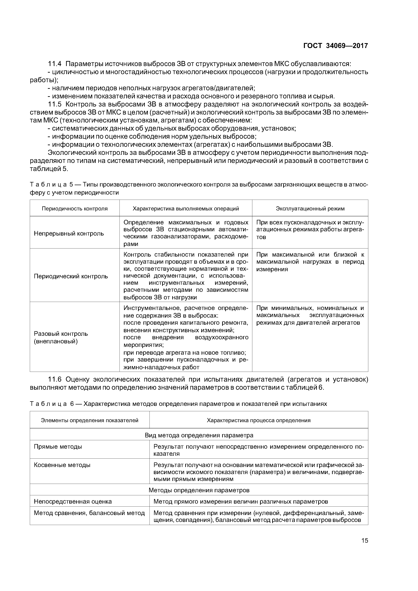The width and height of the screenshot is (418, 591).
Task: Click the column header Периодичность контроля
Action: point(75,209)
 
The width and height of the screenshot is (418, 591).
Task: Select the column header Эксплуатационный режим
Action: point(310,209)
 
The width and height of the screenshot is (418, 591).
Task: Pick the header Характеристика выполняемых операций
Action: point(186,209)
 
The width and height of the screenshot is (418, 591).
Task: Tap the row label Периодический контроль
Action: point(71,276)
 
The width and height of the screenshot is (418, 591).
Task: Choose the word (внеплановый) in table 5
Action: point(56,341)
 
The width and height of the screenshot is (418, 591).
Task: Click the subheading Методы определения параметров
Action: point(199,490)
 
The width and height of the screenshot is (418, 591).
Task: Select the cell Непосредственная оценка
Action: point(73,501)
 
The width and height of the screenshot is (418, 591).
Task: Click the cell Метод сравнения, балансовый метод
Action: point(89,513)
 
